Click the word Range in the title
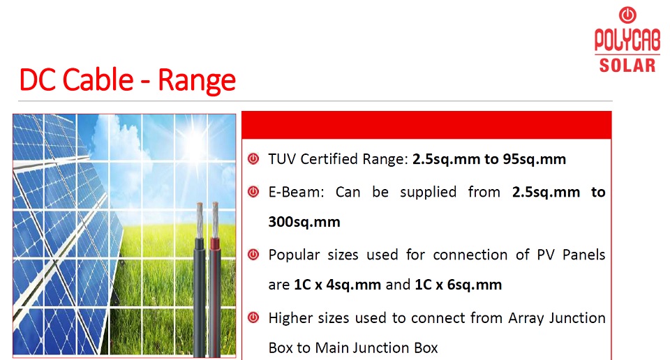coord(197,80)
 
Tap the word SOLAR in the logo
coord(627,66)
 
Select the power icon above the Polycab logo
coord(627,15)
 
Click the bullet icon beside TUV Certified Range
coord(253,159)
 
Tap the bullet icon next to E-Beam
coord(253,192)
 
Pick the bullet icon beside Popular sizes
coord(253,255)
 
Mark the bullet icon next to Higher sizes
coord(253,317)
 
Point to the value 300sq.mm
coord(304,222)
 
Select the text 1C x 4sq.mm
coord(338,285)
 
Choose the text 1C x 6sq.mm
coord(459,285)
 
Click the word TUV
coord(283,159)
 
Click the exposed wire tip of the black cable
coord(200,220)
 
